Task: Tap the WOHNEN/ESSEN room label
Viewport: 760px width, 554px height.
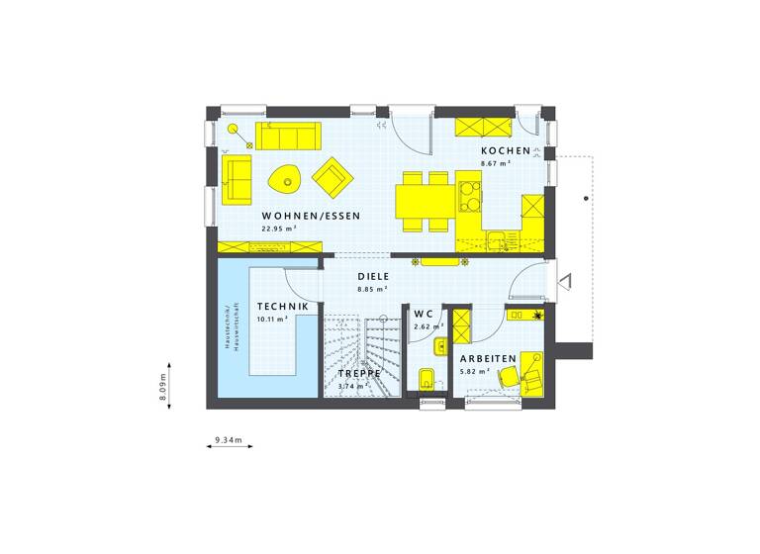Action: pyautogui.click(x=311, y=216)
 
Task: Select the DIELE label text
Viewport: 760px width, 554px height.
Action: pyautogui.click(x=373, y=277)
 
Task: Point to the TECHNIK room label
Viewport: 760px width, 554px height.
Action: pyautogui.click(x=282, y=308)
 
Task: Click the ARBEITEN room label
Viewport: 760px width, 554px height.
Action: pyautogui.click(x=487, y=358)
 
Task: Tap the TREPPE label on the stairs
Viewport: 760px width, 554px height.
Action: pyautogui.click(x=360, y=373)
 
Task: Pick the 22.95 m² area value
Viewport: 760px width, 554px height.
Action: pyautogui.click(x=279, y=229)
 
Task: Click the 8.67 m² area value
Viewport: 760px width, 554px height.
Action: pyautogui.click(x=495, y=162)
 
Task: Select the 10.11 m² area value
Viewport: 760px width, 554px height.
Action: pyautogui.click(x=272, y=320)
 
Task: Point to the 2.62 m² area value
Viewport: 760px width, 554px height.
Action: pyautogui.click(x=424, y=326)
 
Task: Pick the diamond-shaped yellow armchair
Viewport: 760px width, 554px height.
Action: pyautogui.click(x=332, y=176)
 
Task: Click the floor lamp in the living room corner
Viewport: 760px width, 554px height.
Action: pyautogui.click(x=235, y=130)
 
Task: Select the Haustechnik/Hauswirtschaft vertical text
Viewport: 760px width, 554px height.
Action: pyautogui.click(x=228, y=326)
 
